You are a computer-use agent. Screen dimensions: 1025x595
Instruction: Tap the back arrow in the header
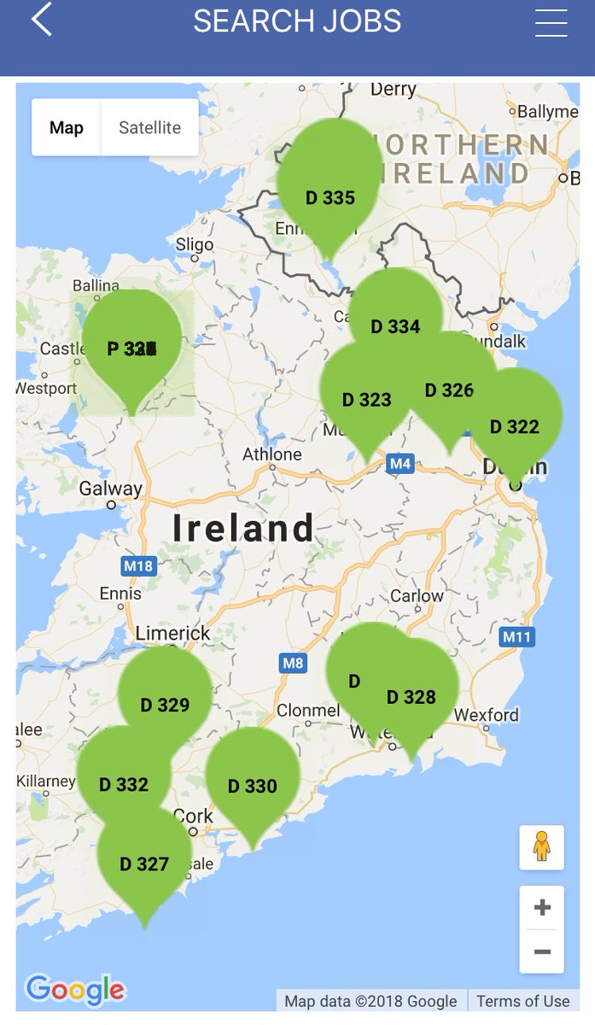[42, 20]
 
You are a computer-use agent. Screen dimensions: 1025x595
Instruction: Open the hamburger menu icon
[551, 23]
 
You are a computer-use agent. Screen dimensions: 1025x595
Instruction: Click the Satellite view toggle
[149, 128]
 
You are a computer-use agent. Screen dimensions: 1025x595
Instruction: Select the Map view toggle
[67, 128]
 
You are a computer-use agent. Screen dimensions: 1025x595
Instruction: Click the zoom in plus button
[542, 907]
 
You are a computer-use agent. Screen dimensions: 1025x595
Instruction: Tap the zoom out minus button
[542, 951]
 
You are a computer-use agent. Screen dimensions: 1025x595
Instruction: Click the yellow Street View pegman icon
[541, 846]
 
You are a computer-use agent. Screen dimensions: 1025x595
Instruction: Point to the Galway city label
[110, 489]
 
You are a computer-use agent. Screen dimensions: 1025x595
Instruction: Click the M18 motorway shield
[137, 565]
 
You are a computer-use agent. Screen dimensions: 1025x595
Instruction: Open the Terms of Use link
[522, 1001]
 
